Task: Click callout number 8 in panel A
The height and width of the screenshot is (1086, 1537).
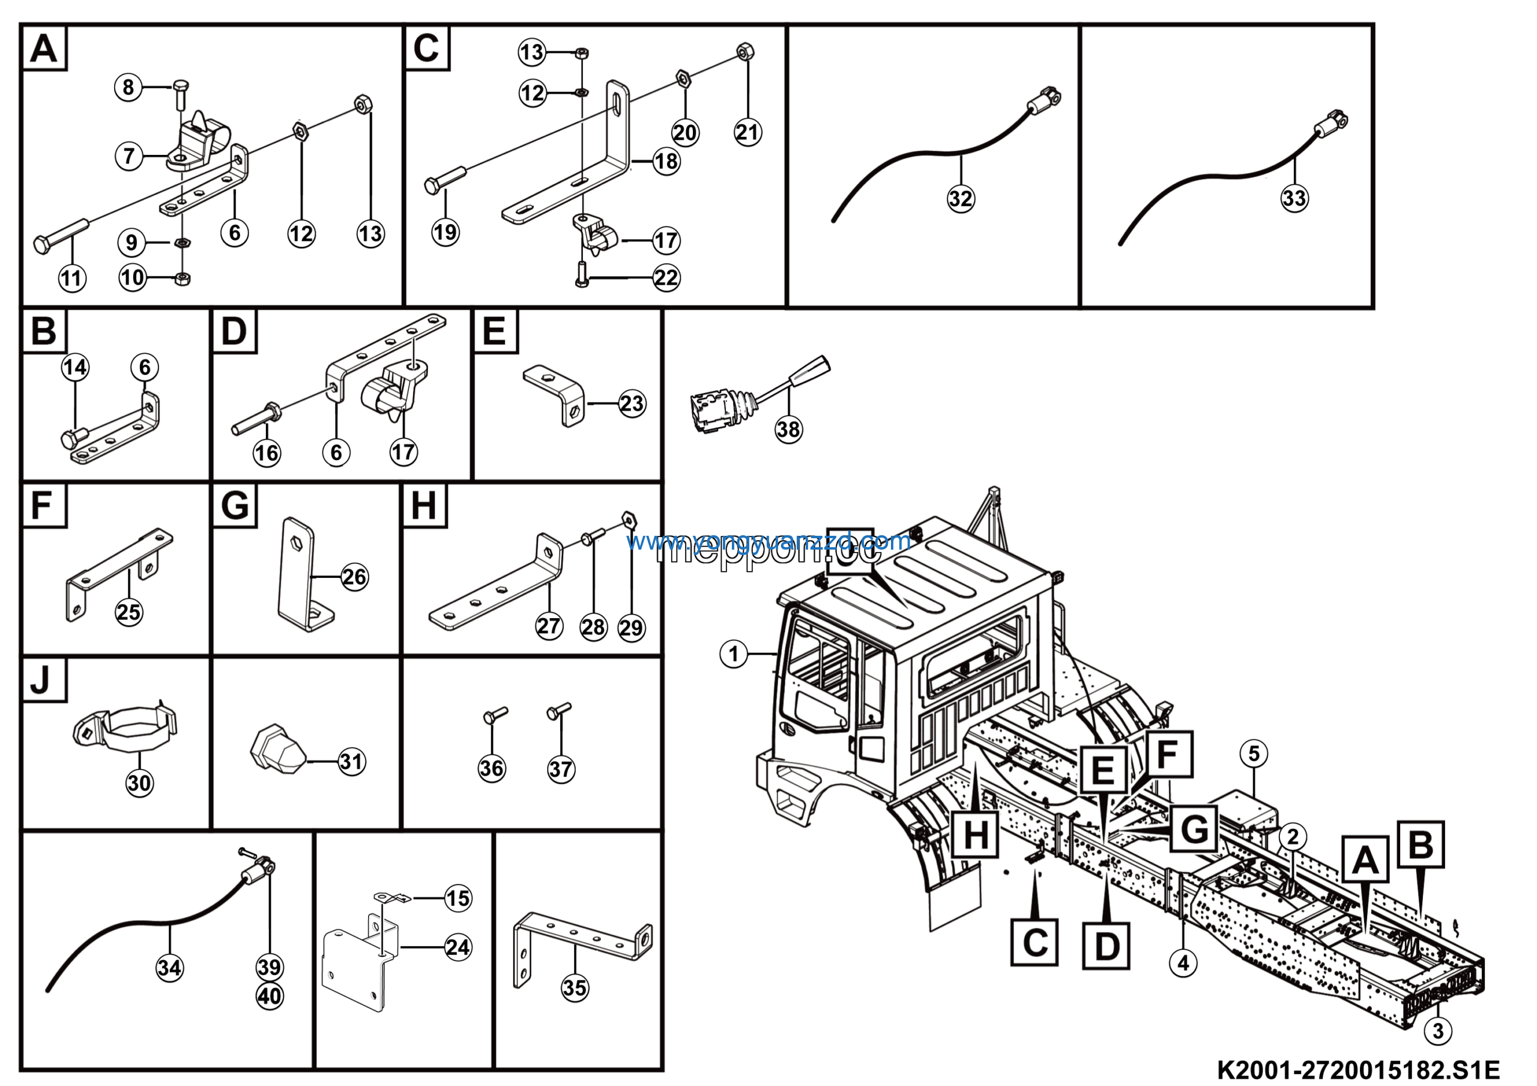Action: click(x=128, y=87)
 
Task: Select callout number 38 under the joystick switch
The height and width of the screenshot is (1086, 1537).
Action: click(x=788, y=429)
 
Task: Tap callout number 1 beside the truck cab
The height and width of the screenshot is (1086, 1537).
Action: click(x=734, y=654)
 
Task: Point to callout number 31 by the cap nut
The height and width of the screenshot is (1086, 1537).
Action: click(x=351, y=761)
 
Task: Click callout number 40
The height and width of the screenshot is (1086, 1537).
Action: click(x=270, y=997)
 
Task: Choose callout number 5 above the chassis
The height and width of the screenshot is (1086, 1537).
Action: click(x=1254, y=753)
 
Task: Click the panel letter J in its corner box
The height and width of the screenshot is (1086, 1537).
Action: click(x=41, y=679)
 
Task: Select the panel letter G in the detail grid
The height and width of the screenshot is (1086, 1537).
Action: click(x=234, y=506)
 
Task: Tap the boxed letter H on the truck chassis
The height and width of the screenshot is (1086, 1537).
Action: click(x=976, y=835)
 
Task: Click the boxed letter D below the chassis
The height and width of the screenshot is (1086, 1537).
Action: click(x=1106, y=945)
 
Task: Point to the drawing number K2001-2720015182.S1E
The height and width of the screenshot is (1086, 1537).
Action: click(x=1357, y=1069)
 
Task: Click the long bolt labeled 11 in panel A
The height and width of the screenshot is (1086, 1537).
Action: click(x=62, y=234)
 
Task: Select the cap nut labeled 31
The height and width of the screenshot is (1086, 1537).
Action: click(x=276, y=748)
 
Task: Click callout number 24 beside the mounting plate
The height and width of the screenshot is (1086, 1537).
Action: click(x=458, y=947)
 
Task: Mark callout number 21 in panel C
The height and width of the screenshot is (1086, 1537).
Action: click(x=747, y=132)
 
